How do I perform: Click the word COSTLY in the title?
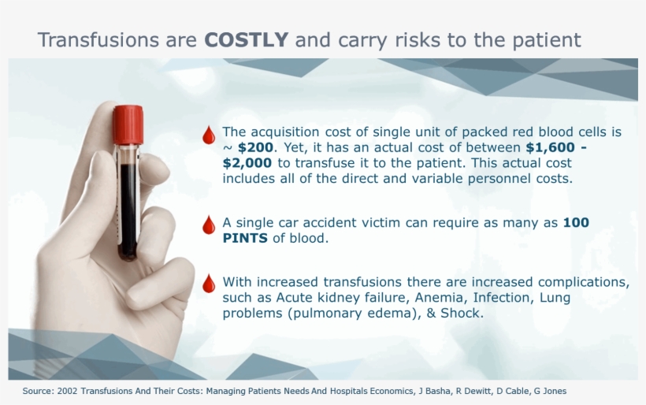click(x=247, y=40)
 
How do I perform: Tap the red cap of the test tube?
click(x=128, y=124)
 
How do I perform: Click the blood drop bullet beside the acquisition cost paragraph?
click(x=209, y=136)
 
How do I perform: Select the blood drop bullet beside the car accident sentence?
click(x=209, y=225)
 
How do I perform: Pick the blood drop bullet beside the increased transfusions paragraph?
click(x=209, y=284)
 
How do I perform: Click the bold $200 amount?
click(x=255, y=147)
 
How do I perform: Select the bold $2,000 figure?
click(x=247, y=163)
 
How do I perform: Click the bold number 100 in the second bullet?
click(x=576, y=223)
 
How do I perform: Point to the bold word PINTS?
click(x=246, y=239)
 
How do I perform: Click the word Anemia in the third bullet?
click(x=425, y=298)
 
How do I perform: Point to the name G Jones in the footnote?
click(x=549, y=391)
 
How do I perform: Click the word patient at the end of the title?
click(x=547, y=40)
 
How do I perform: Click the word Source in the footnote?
click(x=36, y=391)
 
